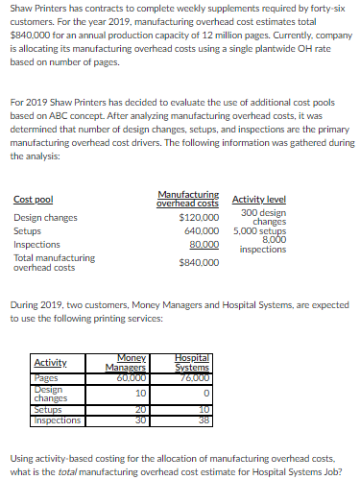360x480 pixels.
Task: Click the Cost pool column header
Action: point(33,199)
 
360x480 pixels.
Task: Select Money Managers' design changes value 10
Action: point(140,393)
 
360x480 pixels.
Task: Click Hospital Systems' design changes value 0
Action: point(206,393)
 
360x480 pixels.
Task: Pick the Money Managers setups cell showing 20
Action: point(140,410)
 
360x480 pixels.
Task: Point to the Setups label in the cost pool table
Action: point(27,231)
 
